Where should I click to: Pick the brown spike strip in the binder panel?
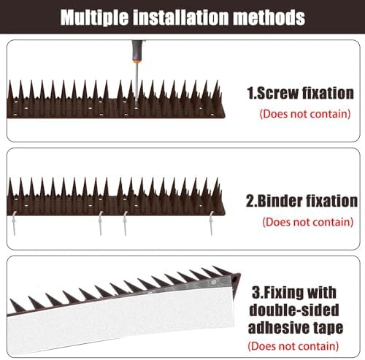117,198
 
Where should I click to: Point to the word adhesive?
280,328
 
